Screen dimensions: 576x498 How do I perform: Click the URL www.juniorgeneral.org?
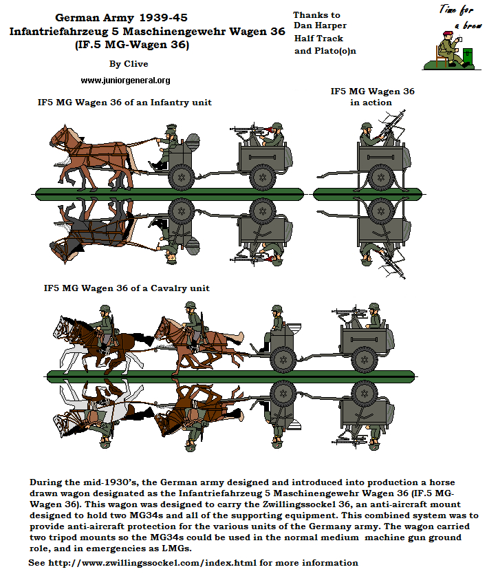point(125,81)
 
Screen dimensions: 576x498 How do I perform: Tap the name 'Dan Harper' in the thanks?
point(318,26)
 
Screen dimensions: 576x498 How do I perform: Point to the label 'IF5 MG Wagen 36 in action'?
point(372,96)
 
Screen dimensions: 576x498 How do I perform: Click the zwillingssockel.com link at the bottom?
point(193,562)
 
